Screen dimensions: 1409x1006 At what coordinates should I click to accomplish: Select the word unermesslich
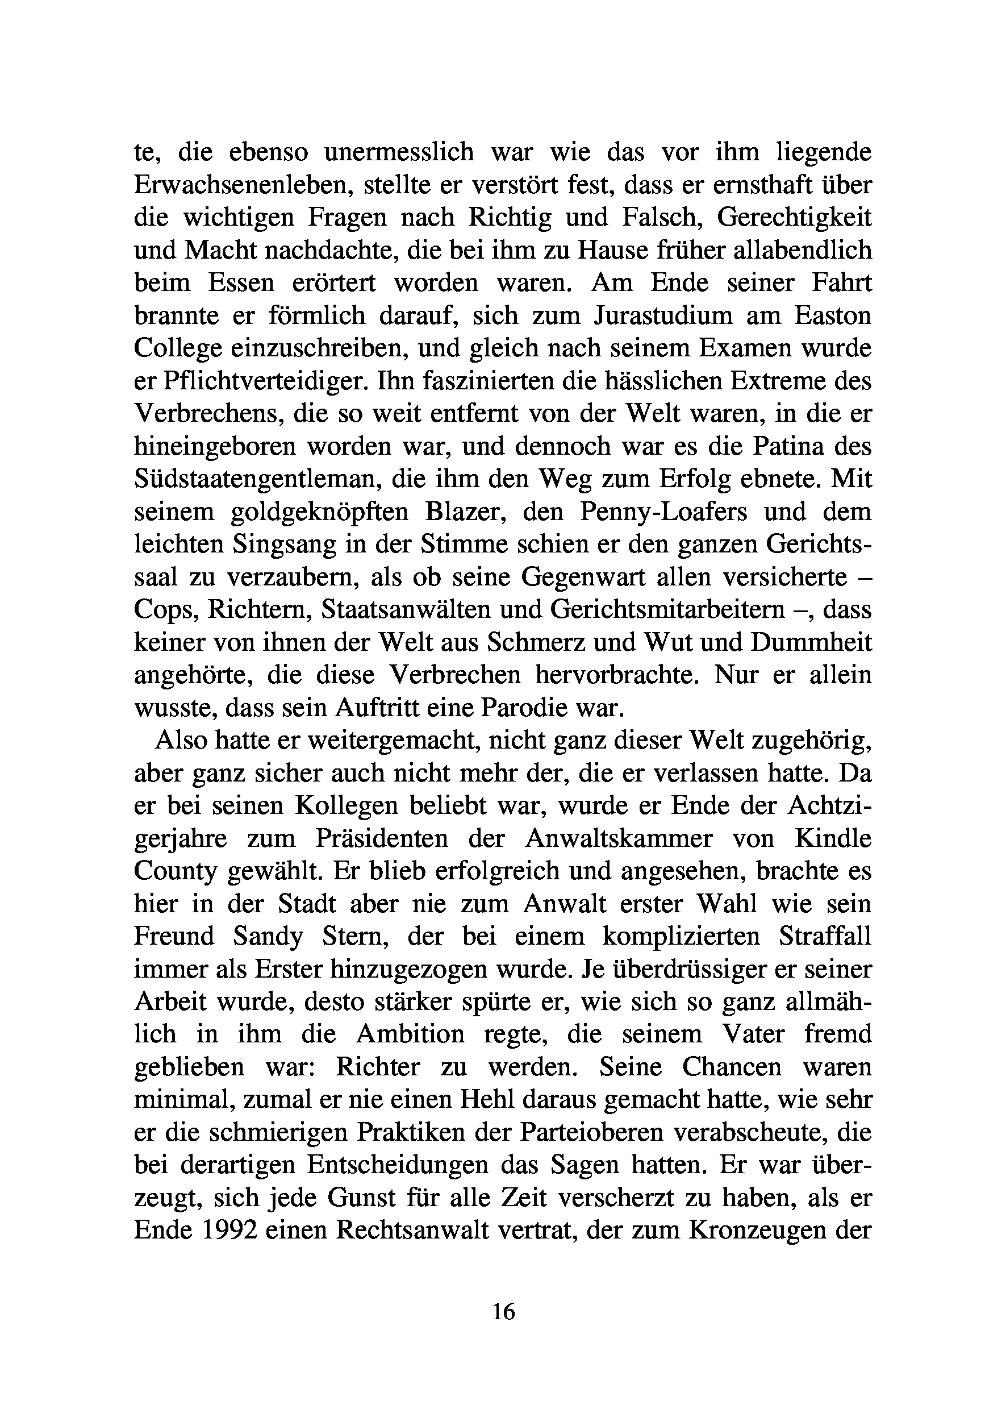coord(399,152)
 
